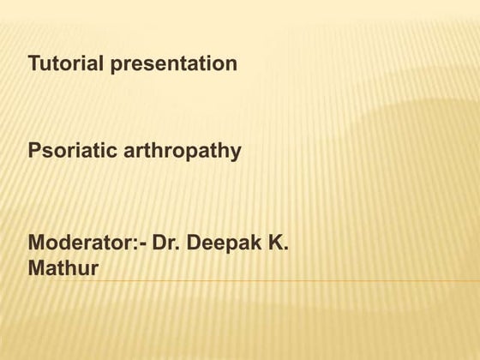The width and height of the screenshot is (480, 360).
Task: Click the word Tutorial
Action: point(66,63)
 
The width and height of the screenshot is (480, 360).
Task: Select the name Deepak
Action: point(224,245)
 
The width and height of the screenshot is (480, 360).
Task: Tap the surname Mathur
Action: point(64,269)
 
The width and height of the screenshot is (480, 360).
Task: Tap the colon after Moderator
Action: point(133,246)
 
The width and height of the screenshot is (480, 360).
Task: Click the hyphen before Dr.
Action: point(141,247)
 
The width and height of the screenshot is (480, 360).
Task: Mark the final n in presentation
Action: point(231,65)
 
